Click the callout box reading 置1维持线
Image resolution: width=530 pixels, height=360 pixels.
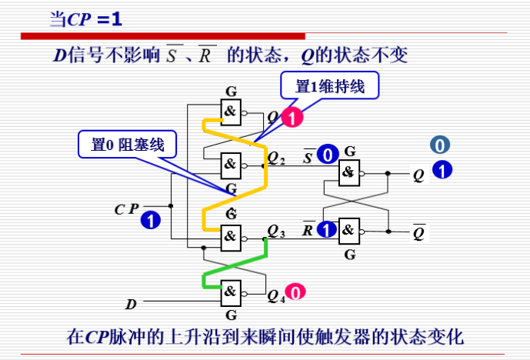(x=330, y=87)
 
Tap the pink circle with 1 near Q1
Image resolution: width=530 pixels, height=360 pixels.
(x=292, y=117)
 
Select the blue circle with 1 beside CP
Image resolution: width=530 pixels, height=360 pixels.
(x=151, y=220)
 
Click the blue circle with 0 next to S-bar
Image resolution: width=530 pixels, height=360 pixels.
(x=328, y=155)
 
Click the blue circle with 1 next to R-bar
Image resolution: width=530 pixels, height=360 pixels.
(x=328, y=228)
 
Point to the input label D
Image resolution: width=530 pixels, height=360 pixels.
(x=131, y=305)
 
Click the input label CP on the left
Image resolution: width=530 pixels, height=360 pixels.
(x=126, y=208)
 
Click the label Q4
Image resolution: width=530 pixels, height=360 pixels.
(x=276, y=294)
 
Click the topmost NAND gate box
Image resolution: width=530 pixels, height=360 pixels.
(x=230, y=112)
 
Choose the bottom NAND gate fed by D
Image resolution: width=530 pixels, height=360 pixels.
(x=230, y=291)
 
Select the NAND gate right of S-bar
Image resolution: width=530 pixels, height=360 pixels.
(x=349, y=172)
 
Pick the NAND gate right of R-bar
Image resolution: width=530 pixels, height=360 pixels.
(x=349, y=228)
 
